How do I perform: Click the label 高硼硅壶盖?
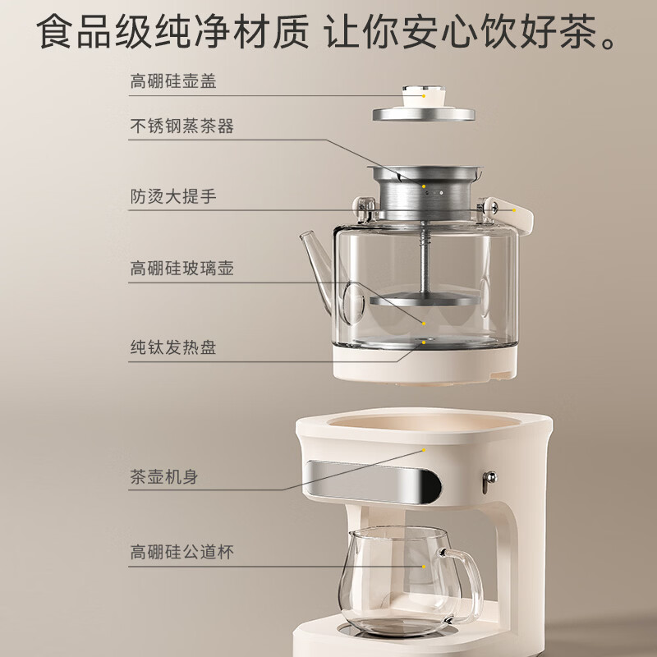pyautogui.click(x=173, y=81)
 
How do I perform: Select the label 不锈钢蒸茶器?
pyautogui.click(x=181, y=126)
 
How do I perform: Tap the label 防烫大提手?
pyautogui.click(x=173, y=196)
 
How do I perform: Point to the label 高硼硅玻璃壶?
pyautogui.click(x=181, y=269)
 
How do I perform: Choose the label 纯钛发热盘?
pyautogui.click(x=173, y=347)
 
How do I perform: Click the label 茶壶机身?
pyautogui.click(x=164, y=476)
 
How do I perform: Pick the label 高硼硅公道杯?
pyautogui.click(x=181, y=552)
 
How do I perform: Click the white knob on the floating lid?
pyautogui.click(x=424, y=97)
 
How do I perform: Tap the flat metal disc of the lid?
pyautogui.click(x=424, y=114)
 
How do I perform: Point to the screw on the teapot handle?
pyautogui.click(x=494, y=206)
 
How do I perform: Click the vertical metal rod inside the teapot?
pyautogui.click(x=425, y=260)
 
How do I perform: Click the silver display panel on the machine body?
pyautogui.click(x=373, y=482)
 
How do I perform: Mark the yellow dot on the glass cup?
pyautogui.click(x=424, y=567)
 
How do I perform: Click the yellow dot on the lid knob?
pyautogui.click(x=424, y=96)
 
